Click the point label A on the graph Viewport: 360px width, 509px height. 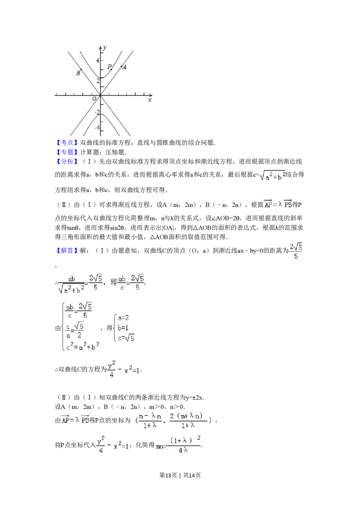click(x=125, y=67)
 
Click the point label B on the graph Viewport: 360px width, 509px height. click(x=78, y=73)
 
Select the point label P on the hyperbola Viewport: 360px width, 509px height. click(x=108, y=67)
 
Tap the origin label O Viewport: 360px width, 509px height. click(x=94, y=99)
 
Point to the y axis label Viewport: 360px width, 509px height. click(x=104, y=47)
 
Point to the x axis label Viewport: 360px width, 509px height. click(x=149, y=100)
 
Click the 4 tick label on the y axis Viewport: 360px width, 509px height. click(x=96, y=60)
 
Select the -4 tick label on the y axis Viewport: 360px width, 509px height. click(x=95, y=128)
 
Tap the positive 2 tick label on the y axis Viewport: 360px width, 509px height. click(x=96, y=81)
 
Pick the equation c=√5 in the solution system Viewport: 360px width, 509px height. click(x=126, y=338)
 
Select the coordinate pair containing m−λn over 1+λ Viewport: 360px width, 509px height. click(x=173, y=420)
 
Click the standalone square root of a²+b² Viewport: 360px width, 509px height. click(x=273, y=176)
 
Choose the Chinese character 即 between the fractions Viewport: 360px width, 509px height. click(x=113, y=282)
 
